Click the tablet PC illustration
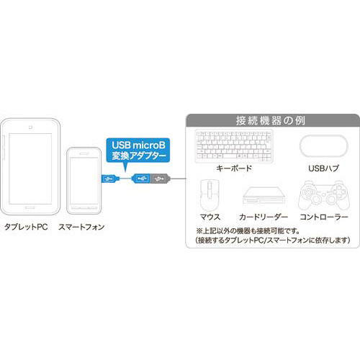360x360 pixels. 30,166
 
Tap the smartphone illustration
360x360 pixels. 84,181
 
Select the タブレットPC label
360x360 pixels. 26,227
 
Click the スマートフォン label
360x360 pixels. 81,227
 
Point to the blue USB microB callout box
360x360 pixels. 138,150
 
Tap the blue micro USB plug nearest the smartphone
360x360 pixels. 110,179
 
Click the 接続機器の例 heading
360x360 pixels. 271,120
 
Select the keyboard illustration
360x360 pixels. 234,146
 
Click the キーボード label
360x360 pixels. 234,168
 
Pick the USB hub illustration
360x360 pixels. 324,146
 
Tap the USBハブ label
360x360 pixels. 324,168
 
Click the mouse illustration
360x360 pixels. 210,195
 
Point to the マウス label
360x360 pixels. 210,217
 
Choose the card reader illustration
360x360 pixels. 264,196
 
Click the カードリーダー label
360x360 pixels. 264,217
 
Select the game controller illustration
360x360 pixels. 324,195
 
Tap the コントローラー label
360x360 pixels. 324,217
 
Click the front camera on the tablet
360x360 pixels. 30,127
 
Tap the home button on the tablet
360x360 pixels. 30,207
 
